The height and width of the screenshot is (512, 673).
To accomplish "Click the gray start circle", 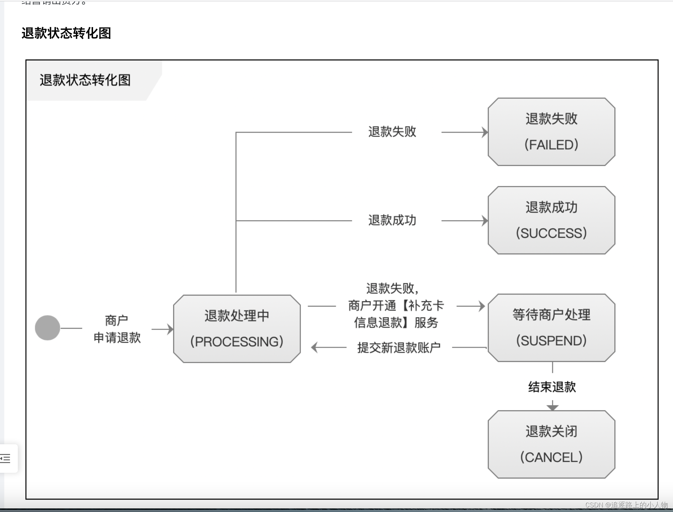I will pos(47,328).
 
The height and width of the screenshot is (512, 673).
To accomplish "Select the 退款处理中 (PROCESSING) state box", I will pos(237,329).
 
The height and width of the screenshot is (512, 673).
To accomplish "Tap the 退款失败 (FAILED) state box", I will pos(551,132).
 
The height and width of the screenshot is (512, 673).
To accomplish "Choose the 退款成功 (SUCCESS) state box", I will pos(551,220).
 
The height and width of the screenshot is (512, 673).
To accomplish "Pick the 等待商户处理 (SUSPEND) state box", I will pos(551,328).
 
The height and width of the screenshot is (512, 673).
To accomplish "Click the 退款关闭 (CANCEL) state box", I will pos(551,444).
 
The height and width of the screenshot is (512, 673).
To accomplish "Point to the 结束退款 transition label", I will pos(552,387).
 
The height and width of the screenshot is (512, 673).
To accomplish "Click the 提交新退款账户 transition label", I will pos(399,348).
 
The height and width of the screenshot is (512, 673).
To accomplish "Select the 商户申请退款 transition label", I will pos(117,329).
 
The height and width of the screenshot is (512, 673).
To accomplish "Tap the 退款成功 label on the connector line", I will pos(392,220).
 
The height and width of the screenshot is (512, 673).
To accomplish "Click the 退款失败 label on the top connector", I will pos(392,132).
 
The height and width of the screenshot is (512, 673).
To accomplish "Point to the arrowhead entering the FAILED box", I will pos(485,132).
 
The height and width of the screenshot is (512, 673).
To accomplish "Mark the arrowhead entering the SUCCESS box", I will pos(485,221).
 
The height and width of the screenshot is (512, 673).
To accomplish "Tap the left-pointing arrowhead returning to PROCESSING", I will pos(314,347).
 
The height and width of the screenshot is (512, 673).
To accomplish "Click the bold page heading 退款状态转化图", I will pos(66,33).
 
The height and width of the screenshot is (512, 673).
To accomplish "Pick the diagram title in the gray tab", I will pos(85,80).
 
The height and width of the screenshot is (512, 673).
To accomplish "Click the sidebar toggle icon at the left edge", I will pos(5,458).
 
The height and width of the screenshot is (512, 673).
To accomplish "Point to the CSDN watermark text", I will pos(626,505).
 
